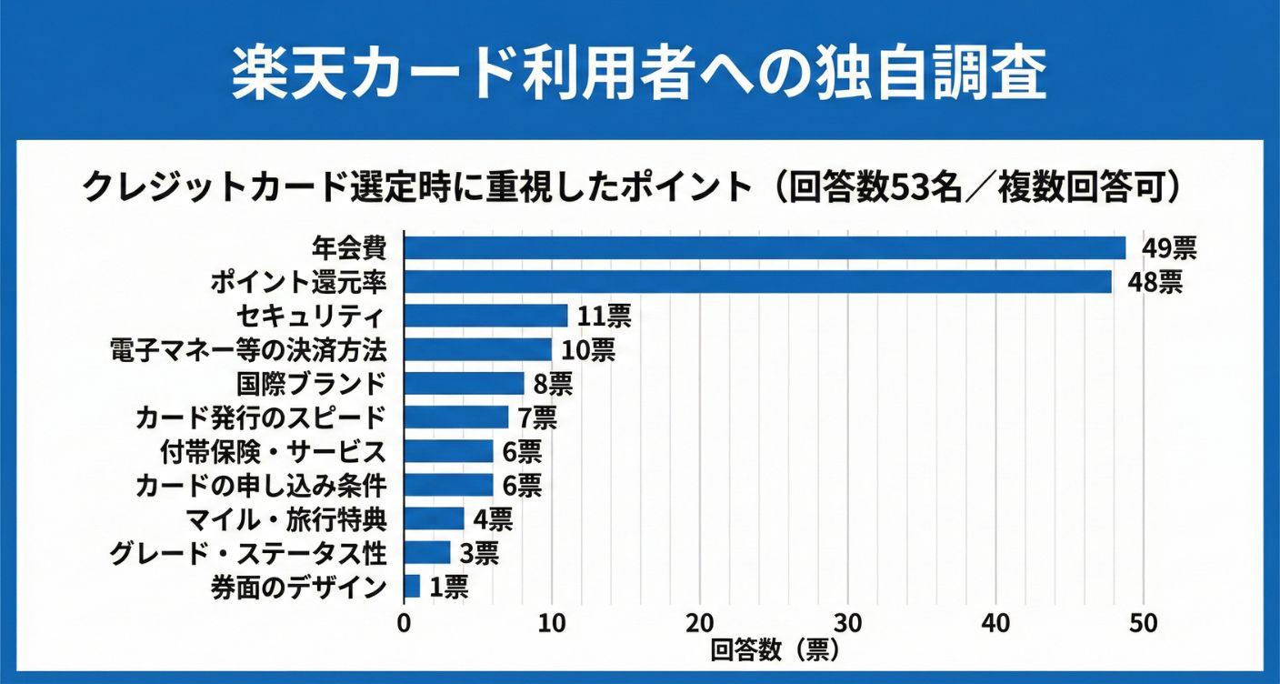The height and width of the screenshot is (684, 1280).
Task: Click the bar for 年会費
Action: [x=764, y=248]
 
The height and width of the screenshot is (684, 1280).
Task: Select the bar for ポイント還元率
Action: [x=757, y=282]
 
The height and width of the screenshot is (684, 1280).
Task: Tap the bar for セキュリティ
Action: [x=485, y=316]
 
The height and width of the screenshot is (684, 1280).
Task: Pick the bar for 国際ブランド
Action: [x=464, y=383]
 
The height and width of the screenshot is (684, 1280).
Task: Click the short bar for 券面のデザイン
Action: [x=412, y=587]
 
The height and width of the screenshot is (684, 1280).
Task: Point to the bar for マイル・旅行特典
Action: [x=434, y=518]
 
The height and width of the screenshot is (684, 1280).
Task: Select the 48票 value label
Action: [x=1155, y=282]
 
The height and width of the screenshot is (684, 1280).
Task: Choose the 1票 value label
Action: [x=448, y=587]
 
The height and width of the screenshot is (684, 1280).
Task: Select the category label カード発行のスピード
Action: [x=261, y=417]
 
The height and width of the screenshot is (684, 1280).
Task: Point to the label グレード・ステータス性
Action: [x=247, y=552]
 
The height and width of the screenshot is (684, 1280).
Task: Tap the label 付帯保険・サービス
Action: [x=272, y=451]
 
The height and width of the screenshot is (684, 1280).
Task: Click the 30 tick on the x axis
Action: [x=848, y=624]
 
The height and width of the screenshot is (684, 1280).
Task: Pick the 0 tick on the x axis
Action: [x=405, y=624]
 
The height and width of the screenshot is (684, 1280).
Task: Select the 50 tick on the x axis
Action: [x=1144, y=624]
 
